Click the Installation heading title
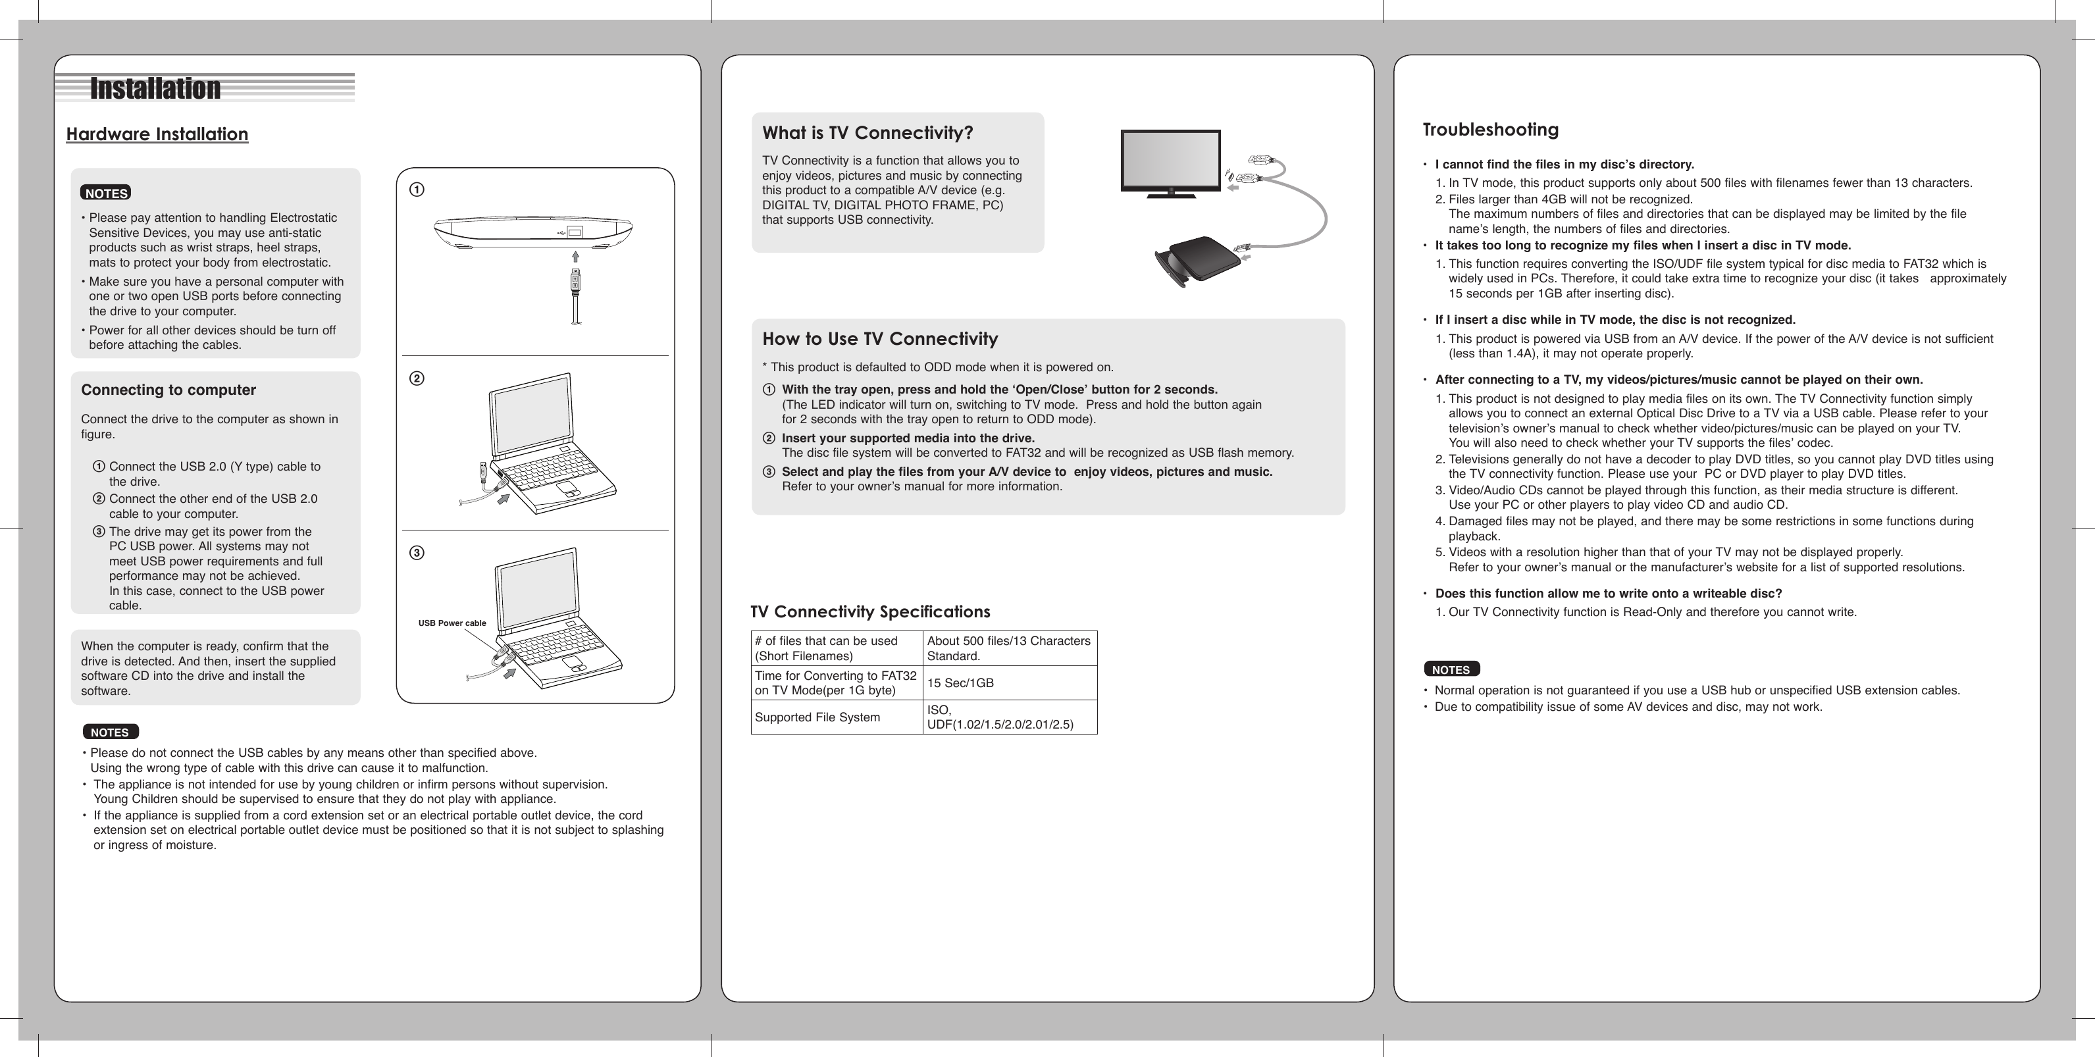coord(155,88)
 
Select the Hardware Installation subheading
coord(157,134)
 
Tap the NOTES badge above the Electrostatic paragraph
coord(106,193)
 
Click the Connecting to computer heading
coord(168,390)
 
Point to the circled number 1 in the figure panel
coord(417,190)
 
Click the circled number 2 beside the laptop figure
coord(417,379)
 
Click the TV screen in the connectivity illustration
coord(1170,160)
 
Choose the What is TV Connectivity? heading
coord(867,132)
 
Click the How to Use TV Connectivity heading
coord(880,339)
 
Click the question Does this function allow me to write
coord(1608,594)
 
